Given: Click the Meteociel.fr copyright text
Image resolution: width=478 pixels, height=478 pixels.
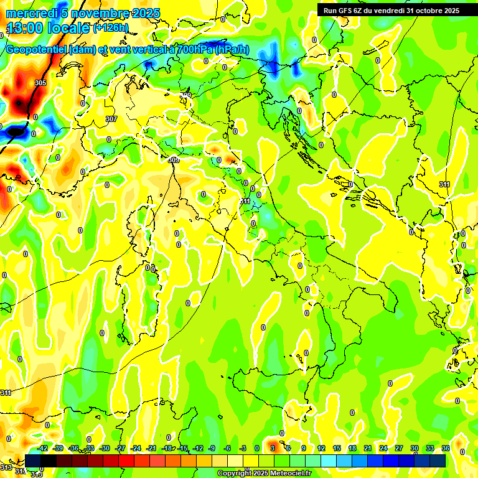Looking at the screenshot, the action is (x=286, y=474).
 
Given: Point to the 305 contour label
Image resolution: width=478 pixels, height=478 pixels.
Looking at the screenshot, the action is (x=40, y=83).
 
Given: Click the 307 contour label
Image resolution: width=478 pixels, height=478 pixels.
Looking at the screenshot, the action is (x=111, y=119).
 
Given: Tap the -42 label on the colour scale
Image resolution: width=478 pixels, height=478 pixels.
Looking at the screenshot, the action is (x=42, y=448).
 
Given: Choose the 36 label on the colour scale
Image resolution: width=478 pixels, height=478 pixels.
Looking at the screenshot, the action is (x=446, y=448).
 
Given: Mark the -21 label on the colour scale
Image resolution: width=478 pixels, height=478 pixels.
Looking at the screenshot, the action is (x=151, y=448).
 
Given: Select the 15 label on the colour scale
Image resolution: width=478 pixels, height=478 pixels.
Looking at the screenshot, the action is (x=337, y=448).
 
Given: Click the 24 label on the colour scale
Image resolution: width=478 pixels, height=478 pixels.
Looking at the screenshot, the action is (x=383, y=448).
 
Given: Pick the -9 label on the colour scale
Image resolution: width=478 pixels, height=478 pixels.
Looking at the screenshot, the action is (x=212, y=448).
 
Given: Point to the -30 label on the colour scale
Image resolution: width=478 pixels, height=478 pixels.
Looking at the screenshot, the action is (x=105, y=448).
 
